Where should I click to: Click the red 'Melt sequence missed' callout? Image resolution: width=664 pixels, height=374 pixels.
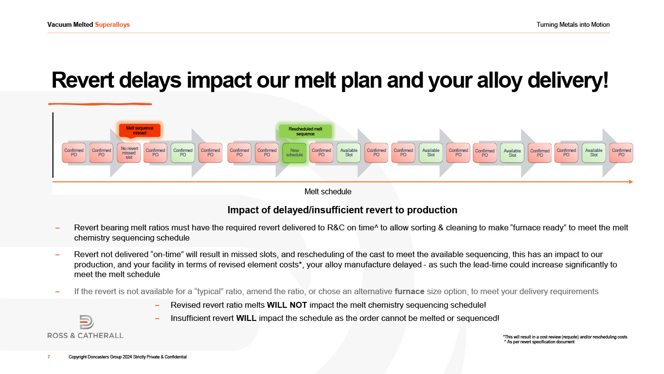pyautogui.click(x=140, y=131)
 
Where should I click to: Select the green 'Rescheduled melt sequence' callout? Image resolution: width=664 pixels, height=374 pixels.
pyautogui.click(x=305, y=131)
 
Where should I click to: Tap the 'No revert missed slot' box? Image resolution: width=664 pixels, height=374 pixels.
pyautogui.click(x=129, y=153)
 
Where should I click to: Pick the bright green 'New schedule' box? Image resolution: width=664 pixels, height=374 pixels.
pyautogui.click(x=294, y=153)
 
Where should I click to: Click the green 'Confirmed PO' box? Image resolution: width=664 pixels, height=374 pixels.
pyautogui.click(x=183, y=153)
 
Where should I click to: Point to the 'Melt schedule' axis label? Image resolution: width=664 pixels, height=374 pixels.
pyautogui.click(x=328, y=192)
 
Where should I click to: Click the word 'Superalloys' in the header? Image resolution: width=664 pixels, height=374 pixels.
pyautogui.click(x=112, y=25)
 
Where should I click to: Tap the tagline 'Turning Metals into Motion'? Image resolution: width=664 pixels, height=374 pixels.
pyautogui.click(x=573, y=25)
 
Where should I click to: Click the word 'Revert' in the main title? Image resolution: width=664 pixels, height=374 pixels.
pyautogui.click(x=82, y=80)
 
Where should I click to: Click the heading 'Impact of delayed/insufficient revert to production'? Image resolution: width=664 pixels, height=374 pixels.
pyautogui.click(x=342, y=210)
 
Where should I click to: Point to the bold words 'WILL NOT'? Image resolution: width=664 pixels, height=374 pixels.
pyautogui.click(x=287, y=305)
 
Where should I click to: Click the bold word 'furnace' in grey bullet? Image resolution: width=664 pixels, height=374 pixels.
pyautogui.click(x=410, y=292)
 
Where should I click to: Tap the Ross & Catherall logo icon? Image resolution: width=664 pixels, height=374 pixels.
pyautogui.click(x=87, y=322)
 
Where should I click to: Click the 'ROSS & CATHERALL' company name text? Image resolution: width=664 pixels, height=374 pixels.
pyautogui.click(x=85, y=336)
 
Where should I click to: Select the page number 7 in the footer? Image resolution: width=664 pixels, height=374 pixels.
pyautogui.click(x=49, y=357)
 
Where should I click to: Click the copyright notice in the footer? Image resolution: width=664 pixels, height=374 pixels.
pyautogui.click(x=128, y=357)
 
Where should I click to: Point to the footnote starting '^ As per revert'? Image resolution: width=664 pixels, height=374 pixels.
pyautogui.click(x=539, y=342)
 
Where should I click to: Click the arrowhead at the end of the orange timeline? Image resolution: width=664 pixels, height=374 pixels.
pyautogui.click(x=631, y=182)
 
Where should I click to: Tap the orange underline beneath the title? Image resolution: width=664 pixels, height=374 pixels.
pyautogui.click(x=100, y=104)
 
